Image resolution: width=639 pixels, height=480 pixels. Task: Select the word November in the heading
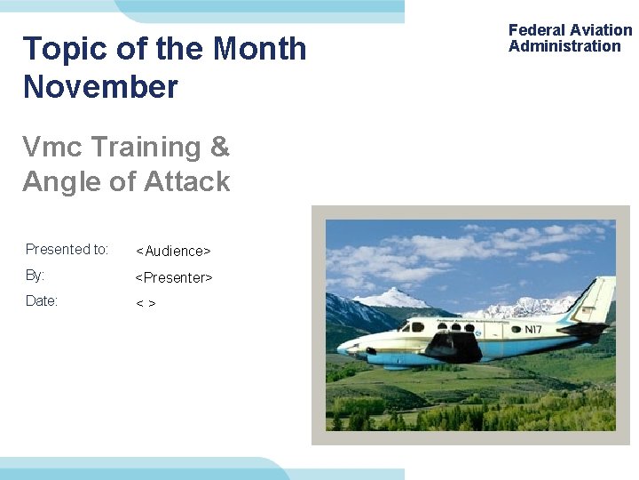[x=100, y=87]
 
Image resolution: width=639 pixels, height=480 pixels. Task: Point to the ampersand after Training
[x=219, y=147]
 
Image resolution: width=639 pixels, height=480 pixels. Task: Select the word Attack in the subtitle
[x=187, y=181]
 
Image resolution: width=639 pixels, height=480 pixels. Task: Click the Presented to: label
[x=67, y=249]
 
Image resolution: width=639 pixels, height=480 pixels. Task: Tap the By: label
[x=35, y=276]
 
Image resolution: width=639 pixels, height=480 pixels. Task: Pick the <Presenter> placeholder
[x=173, y=278]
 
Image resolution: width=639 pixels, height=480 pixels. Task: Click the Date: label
[x=41, y=301]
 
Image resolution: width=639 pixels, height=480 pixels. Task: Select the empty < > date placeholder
[x=146, y=304]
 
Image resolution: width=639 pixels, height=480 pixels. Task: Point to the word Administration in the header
[x=564, y=46]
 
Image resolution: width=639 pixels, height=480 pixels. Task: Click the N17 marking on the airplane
[x=532, y=330]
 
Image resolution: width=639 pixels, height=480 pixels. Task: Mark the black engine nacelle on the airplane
[x=453, y=343]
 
